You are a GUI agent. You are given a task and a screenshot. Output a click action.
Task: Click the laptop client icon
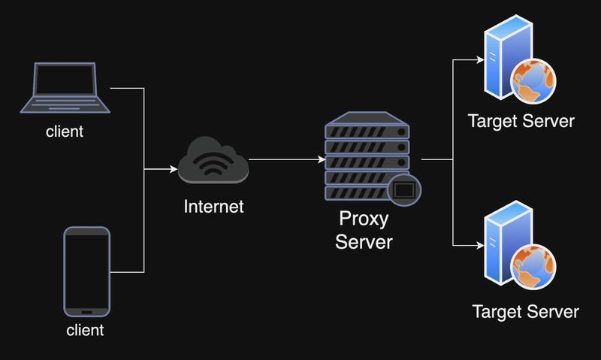[x=64, y=89]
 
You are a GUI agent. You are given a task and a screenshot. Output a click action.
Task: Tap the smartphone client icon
[x=87, y=272]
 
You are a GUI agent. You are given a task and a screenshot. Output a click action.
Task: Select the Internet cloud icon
[x=213, y=160]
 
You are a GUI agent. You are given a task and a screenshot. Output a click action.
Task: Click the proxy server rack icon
[x=368, y=158]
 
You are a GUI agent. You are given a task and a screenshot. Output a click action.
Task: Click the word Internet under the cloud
[x=213, y=206]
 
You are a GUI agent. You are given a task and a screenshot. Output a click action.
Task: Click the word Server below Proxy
[x=364, y=242]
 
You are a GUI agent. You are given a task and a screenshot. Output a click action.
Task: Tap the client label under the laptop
[x=65, y=132]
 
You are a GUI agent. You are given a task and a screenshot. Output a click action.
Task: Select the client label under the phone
[x=85, y=330]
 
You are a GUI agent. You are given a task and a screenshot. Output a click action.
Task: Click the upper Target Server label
[x=521, y=121]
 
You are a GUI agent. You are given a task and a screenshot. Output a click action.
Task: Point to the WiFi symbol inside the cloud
[x=213, y=164]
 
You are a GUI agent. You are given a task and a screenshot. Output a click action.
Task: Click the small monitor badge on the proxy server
[x=404, y=189]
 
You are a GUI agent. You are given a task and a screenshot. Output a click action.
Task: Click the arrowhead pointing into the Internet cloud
[x=173, y=169]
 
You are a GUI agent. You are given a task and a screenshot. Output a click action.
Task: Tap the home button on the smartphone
[x=87, y=313]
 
